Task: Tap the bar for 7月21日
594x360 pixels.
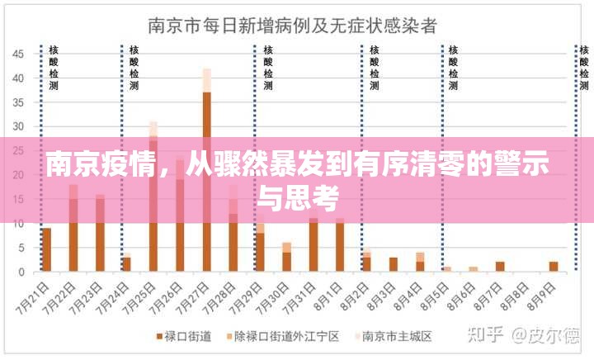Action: pos(46,249)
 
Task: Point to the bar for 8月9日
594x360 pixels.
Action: pos(554,266)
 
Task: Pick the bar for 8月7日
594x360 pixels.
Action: pos(500,266)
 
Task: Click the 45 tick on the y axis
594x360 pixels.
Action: pos(19,54)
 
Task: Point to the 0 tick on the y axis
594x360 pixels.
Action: pos(22,272)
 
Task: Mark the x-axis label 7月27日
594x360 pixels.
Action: pos(198,296)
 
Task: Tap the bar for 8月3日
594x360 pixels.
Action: pos(394,264)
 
